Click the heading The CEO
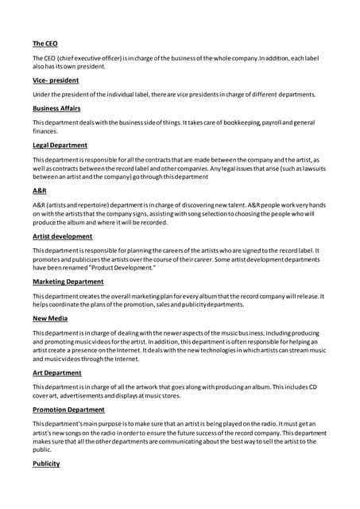45,43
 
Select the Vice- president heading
56,80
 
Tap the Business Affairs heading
56,108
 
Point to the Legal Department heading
60,146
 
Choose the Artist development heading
62,236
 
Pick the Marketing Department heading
68,282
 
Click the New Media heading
51,318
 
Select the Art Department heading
56,372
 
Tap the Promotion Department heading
68,410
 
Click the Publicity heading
46,464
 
